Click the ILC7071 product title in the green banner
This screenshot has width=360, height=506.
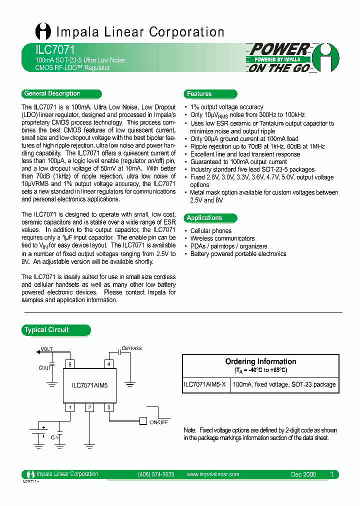pos(48,50)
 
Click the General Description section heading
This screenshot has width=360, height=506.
pos(52,93)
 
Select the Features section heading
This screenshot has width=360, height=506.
pos(199,93)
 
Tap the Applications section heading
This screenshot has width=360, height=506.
pos(204,217)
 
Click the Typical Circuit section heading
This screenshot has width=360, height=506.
pos(46,329)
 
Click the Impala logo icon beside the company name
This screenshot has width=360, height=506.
pos(43,31)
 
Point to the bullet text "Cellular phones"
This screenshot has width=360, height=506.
pos(210,231)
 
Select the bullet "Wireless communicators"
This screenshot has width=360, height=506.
pos(222,238)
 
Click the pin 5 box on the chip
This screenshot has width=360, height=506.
pos(70,364)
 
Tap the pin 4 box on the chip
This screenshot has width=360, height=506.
pos(108,364)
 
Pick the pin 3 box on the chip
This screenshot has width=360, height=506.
pos(108,407)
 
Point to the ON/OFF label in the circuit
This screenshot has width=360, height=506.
pos(159,422)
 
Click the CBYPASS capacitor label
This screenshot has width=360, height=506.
pos(131,348)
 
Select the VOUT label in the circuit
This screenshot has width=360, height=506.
pos(46,349)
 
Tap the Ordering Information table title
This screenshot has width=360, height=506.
pos(260,361)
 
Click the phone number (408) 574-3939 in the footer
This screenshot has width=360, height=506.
pos(155,474)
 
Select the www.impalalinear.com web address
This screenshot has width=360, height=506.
pos(212,474)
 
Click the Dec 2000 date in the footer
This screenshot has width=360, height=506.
pos(303,474)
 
